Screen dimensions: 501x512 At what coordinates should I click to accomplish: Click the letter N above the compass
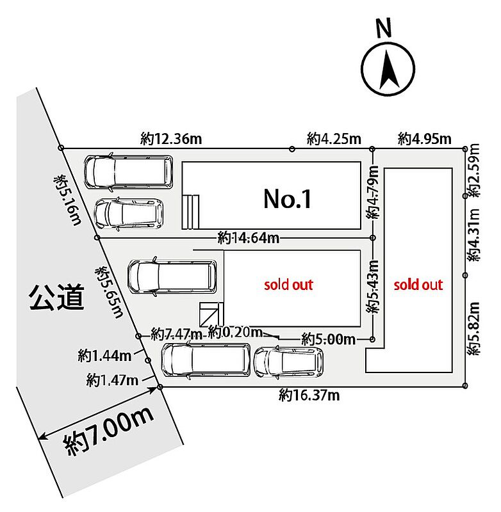click(384, 28)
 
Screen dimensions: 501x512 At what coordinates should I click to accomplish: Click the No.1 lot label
click(288, 199)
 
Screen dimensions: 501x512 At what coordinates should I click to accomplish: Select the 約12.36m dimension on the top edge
click(171, 139)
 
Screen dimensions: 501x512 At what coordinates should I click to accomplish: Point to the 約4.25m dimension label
click(334, 139)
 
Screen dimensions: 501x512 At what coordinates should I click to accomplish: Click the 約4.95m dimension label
click(425, 139)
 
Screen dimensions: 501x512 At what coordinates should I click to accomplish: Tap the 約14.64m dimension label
click(249, 237)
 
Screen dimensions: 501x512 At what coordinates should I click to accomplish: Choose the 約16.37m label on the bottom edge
click(309, 396)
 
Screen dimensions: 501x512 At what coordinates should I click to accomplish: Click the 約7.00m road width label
click(108, 430)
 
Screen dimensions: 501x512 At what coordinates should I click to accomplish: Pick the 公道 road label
click(57, 297)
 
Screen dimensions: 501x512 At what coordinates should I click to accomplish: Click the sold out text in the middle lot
click(288, 285)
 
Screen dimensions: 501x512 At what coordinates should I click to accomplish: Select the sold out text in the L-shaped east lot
click(418, 285)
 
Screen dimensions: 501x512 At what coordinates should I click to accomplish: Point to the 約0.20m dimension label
click(235, 332)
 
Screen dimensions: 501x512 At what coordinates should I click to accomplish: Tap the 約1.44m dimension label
click(104, 355)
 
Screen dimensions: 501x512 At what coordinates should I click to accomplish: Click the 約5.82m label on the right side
click(473, 328)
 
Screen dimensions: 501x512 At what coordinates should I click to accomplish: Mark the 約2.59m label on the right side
click(473, 170)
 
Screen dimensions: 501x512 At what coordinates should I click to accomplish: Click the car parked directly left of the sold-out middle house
click(172, 276)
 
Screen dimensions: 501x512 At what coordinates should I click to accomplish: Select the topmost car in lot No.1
click(128, 172)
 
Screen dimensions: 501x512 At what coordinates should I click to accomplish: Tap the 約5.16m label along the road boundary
click(68, 200)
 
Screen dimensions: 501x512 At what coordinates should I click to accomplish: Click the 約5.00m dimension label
click(329, 339)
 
